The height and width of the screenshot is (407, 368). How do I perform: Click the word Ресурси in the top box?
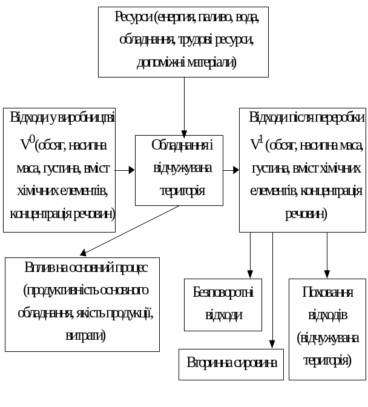(133, 16)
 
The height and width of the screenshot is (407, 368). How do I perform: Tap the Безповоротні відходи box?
(223, 305)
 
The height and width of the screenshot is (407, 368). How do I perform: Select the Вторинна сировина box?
(231, 363)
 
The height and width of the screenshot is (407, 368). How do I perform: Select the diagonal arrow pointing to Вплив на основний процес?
(130, 230)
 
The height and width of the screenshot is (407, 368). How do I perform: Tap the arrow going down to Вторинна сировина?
(272, 291)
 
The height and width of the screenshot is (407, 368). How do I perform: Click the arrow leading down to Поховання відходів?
(327, 254)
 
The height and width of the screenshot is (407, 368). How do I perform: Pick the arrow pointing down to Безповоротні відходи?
(251, 254)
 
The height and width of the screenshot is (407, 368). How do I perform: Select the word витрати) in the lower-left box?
(85, 334)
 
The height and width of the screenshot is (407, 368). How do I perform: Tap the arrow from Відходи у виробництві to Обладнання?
(125, 170)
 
